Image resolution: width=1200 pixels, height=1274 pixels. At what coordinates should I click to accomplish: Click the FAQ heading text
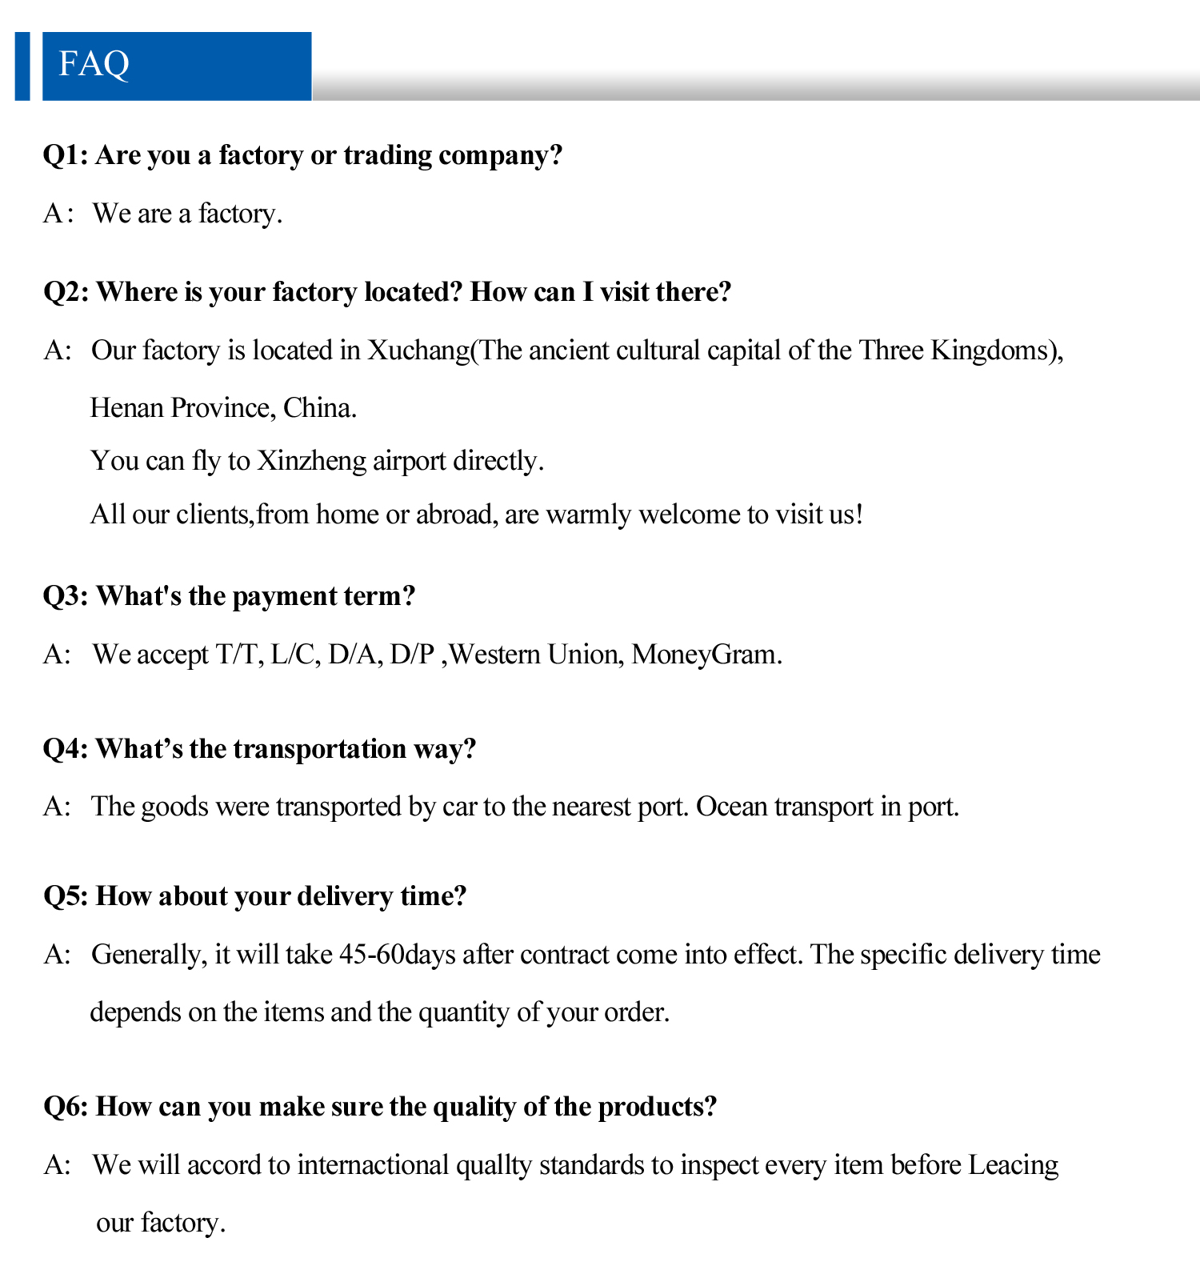coord(94,64)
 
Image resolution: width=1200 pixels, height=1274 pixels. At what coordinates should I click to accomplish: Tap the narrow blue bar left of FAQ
coord(22,66)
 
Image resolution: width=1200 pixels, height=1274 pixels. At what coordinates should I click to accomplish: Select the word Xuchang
coord(418,351)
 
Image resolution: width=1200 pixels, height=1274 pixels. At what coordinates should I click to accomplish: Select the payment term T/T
coord(238,655)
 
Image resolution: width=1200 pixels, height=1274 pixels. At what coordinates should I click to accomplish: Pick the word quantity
coord(464,1012)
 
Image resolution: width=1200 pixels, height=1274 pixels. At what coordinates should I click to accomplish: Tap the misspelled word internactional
coord(373,1165)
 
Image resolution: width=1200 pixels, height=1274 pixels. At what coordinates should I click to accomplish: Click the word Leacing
coord(1013,1165)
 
